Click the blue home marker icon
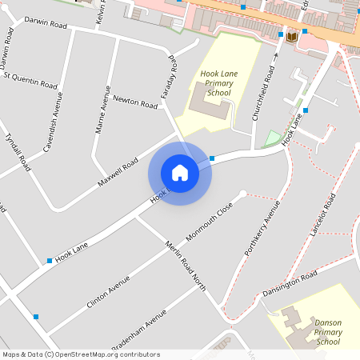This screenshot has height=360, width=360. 180,173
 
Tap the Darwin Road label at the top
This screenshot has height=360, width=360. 46,24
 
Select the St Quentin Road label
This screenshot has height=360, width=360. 30,81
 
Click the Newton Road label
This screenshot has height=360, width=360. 136,103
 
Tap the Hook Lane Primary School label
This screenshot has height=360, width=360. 218,84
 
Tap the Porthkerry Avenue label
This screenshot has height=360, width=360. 261,239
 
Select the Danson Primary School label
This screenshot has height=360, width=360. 328,332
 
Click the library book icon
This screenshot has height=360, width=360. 291,37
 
